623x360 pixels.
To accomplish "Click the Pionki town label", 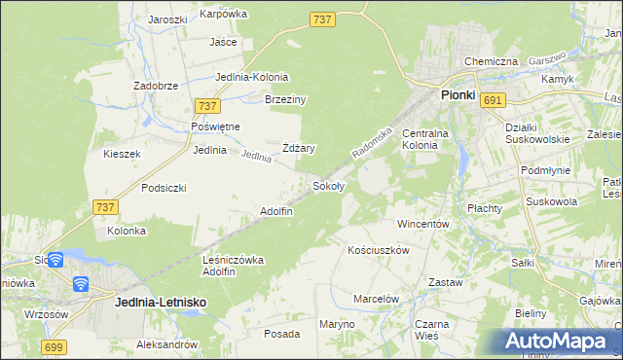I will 458,95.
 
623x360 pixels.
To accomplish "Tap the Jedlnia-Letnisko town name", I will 160,303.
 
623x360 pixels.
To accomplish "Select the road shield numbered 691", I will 493,100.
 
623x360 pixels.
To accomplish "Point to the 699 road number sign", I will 55,346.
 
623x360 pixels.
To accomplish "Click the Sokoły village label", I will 327,185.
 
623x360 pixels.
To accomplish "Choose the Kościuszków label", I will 379,250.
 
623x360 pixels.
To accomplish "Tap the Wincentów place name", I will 422,224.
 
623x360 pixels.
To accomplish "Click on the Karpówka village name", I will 224,14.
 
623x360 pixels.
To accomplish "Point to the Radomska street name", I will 372,141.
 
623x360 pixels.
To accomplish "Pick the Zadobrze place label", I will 156,86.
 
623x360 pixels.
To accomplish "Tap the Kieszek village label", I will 123,154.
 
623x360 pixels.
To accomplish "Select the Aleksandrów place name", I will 166,345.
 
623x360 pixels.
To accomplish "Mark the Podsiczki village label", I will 164,188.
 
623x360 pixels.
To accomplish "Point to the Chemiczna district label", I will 491,61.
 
